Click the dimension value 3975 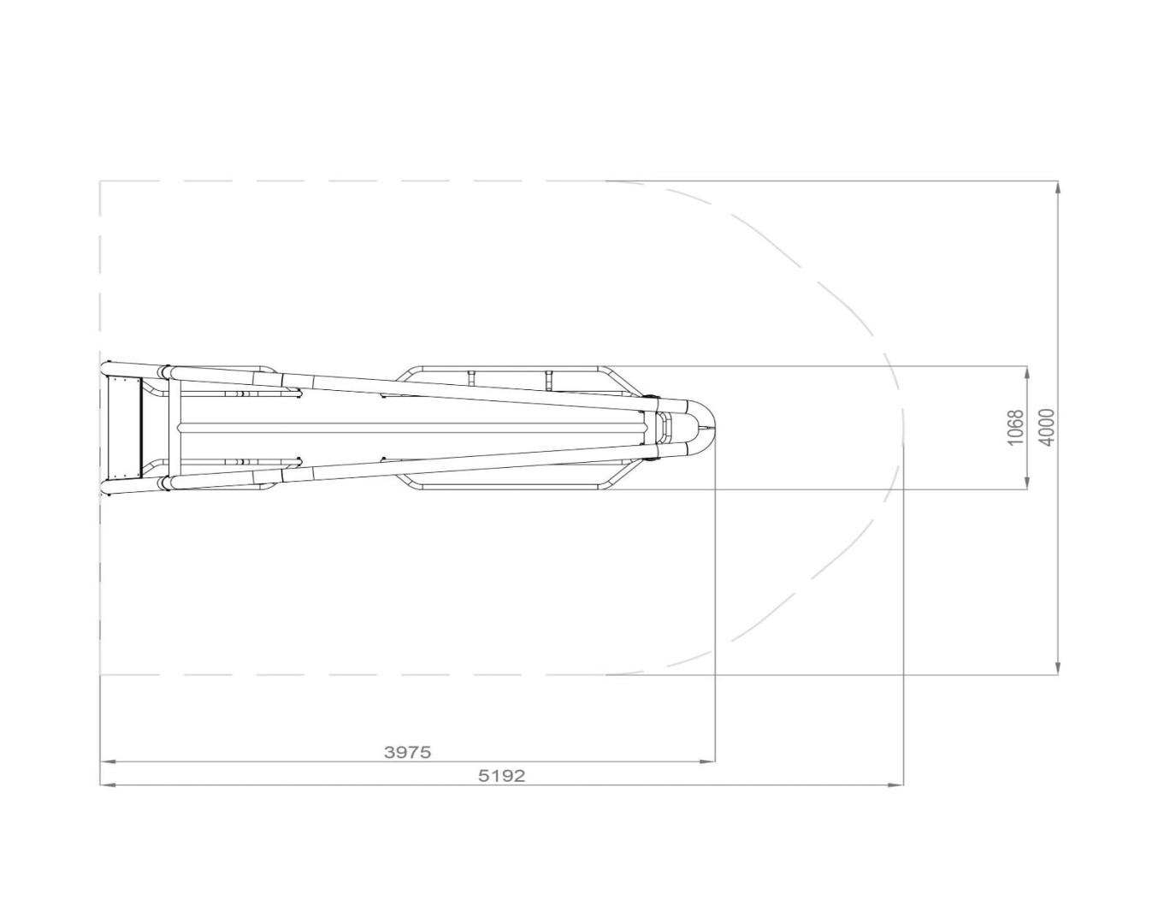407,752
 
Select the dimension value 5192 501,776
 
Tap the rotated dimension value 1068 1014,428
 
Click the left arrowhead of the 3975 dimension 108,761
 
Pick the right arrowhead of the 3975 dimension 707,761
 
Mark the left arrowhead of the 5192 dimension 108,785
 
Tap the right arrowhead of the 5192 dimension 896,785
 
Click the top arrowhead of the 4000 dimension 1058,188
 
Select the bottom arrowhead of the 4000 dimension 1058,666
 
